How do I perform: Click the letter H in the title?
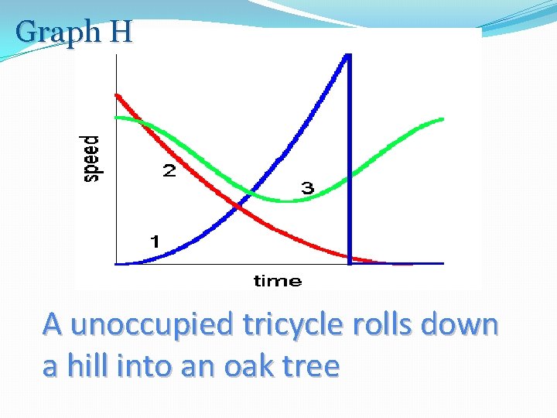pos(121,33)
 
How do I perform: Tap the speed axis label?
pos(91,158)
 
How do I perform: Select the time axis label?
pos(278,280)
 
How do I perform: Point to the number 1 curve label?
pos(155,242)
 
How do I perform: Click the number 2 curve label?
pos(169,171)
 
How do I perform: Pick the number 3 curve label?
pos(307,188)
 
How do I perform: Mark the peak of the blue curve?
pos(348,55)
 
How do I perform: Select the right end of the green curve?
pos(443,119)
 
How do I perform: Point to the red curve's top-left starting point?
pos(117,95)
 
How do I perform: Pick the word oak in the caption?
pos(248,365)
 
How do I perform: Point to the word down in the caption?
pos(461,324)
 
